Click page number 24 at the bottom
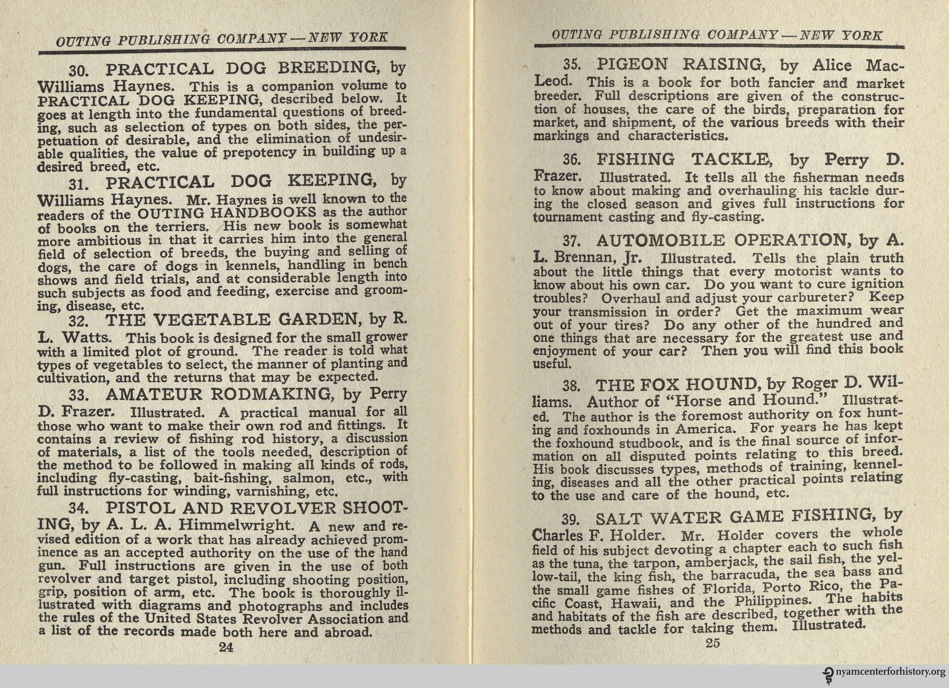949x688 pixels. pos(226,647)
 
